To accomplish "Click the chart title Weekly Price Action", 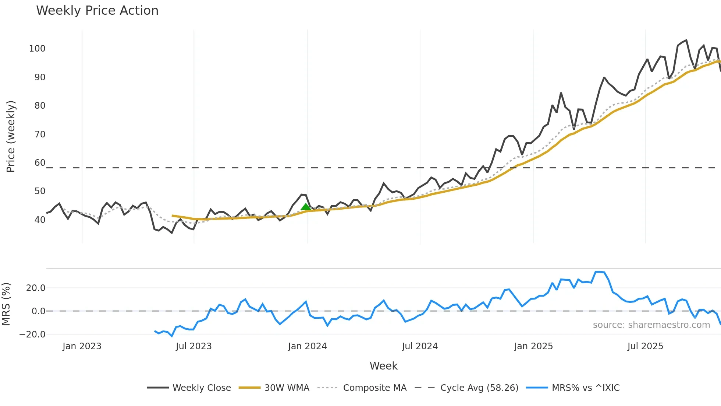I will point(97,11).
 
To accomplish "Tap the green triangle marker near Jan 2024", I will point(306,207).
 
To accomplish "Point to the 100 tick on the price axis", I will point(37,49).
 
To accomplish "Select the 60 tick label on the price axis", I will point(40,163).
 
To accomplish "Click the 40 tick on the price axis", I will point(40,220).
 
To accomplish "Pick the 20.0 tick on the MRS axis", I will point(36,288).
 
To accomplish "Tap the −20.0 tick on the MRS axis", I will point(32,335).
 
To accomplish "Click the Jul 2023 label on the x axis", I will point(193,346).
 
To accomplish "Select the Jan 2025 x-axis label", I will point(533,346).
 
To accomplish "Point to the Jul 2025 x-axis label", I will point(645,346).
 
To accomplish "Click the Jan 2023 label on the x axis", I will point(82,346).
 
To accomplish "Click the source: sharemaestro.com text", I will point(651,325).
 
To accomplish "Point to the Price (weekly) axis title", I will point(11,136).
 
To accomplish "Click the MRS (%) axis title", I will point(6,304).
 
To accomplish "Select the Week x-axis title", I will point(383,366).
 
